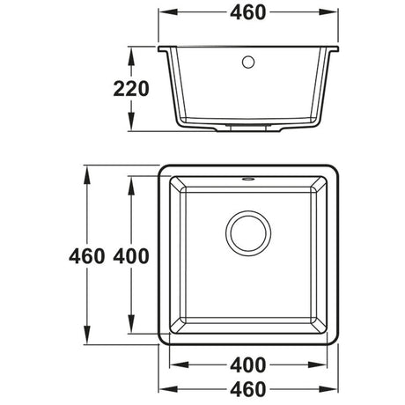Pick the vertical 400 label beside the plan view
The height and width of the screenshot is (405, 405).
[129, 256]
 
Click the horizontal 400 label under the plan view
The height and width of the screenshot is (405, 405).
[250, 363]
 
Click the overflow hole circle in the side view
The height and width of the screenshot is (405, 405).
[248, 61]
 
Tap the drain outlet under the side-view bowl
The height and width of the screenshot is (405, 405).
[249, 129]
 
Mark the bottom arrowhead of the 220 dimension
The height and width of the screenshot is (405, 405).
[133, 125]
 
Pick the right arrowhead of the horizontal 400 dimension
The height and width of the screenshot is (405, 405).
[320, 363]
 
